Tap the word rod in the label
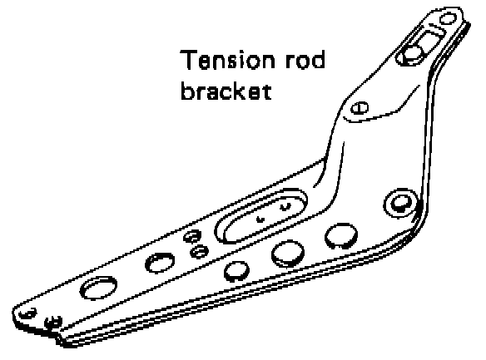pos(305,59)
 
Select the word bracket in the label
pos(226,91)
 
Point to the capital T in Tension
pos(188,59)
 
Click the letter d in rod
pos(318,59)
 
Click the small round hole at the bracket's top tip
pos(449,18)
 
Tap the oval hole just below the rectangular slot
pos(409,56)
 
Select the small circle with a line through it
pos(360,108)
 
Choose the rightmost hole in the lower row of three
pos(341,236)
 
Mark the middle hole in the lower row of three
pos(288,254)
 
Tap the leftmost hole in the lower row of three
pos(236,271)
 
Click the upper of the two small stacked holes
pos(192,237)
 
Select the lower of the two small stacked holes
pos(199,251)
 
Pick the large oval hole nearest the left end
pos(98,288)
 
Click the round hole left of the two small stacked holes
pos(160,263)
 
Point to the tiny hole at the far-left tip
pos(28,313)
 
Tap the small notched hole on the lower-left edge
pos(53,323)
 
